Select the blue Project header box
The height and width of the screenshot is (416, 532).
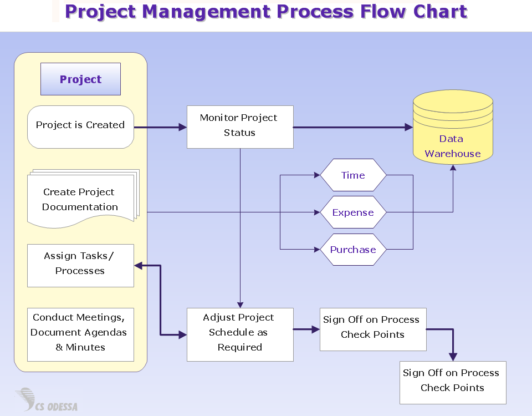click(80, 79)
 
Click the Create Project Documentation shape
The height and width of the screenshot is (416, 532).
click(80, 200)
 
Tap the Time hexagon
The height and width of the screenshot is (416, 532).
click(353, 175)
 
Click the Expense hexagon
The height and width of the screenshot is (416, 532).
click(353, 212)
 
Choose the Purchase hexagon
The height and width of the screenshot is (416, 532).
click(353, 250)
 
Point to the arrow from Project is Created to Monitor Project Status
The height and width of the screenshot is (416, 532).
click(160, 127)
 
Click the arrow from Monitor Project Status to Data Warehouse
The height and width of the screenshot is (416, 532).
click(352, 127)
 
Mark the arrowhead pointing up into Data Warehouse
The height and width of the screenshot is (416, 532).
click(453, 169)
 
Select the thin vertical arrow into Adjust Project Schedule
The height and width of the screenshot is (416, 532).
click(240, 233)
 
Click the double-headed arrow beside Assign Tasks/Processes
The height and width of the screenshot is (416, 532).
click(160, 300)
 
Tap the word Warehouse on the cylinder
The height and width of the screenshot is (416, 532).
click(453, 154)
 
